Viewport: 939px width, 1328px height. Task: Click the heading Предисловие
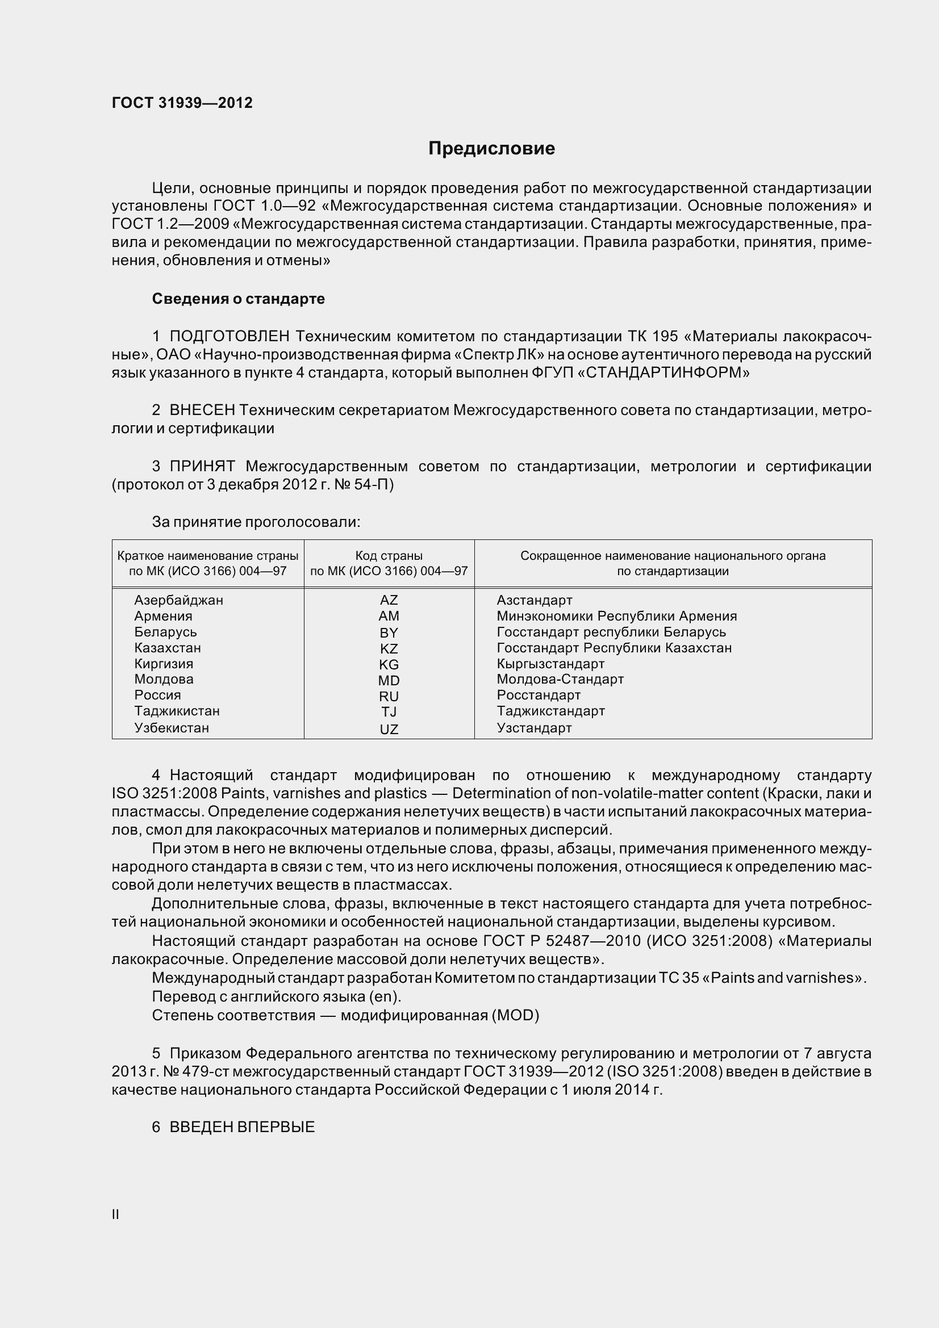click(491, 149)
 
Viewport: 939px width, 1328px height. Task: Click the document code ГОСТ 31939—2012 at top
click(182, 103)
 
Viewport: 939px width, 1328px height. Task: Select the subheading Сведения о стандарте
click(239, 299)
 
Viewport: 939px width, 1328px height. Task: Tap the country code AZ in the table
click(389, 600)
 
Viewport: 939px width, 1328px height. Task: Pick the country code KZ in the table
click(389, 648)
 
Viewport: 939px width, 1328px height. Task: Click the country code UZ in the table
click(389, 730)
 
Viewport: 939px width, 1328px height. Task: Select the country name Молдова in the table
click(164, 679)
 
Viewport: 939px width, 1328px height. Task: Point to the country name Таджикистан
click(177, 711)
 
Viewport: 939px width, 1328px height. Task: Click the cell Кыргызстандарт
click(550, 663)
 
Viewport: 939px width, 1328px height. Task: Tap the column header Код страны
click(389, 556)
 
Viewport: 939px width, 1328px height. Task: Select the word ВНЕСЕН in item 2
click(202, 410)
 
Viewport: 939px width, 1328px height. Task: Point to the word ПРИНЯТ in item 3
click(202, 466)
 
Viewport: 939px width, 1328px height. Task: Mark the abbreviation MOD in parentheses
click(514, 1015)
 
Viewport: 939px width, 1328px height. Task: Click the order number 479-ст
click(207, 1072)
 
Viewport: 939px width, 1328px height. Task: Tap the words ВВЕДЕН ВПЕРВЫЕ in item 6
click(242, 1126)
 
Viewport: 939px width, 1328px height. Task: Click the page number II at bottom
click(116, 1214)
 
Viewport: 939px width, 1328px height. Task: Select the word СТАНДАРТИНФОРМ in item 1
click(663, 373)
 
